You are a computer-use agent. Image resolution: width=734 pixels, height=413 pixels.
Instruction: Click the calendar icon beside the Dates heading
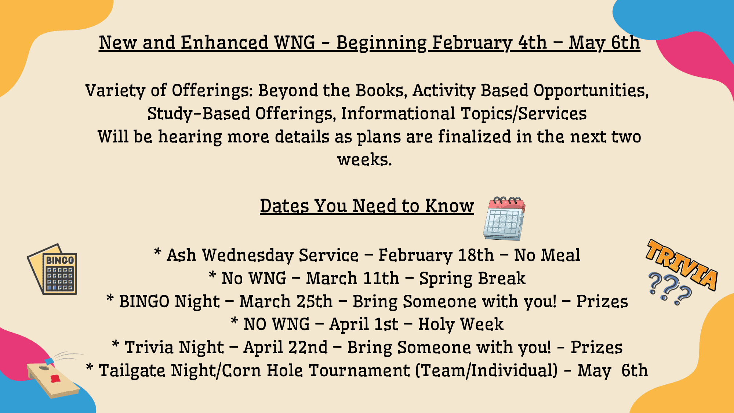504,218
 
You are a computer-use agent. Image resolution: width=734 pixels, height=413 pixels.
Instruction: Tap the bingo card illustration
52,269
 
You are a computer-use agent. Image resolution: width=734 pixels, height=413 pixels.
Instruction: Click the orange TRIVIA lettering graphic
682,264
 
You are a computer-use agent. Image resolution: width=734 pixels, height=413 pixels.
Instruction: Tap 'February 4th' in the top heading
489,43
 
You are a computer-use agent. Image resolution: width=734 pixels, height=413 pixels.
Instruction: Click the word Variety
115,90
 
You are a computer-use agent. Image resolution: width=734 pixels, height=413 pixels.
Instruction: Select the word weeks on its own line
364,159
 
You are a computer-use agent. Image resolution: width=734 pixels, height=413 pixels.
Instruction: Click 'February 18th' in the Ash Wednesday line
436,255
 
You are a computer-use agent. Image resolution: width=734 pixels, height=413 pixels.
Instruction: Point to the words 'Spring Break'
472,278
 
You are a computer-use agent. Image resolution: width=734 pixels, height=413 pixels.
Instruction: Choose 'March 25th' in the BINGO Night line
286,301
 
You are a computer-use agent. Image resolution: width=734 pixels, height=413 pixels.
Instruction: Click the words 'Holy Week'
461,324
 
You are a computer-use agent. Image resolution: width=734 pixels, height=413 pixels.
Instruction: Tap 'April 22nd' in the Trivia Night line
286,347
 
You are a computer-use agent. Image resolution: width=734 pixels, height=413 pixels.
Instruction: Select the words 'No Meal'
547,255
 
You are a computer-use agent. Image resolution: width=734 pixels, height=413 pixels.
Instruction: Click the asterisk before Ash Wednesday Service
157,252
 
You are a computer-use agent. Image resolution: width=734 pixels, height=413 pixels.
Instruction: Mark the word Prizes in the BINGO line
602,301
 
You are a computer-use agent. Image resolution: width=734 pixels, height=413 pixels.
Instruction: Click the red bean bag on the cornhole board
55,378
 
